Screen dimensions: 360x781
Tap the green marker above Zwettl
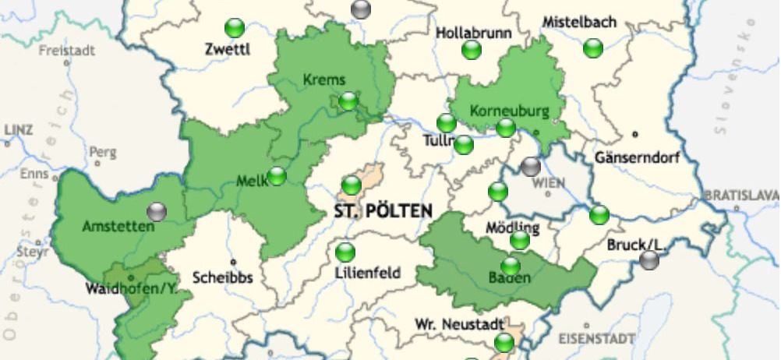point(235,29)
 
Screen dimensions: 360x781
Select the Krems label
point(323,79)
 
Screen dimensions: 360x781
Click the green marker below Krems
point(348,101)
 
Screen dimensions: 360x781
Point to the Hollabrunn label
point(473,34)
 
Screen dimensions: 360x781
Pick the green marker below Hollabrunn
point(472,51)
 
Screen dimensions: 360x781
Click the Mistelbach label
point(579,22)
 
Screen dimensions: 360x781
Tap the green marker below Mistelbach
point(593,48)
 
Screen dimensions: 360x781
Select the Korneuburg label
point(510,111)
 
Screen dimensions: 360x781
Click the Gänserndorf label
point(637,157)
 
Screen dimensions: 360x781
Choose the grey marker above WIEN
point(531,166)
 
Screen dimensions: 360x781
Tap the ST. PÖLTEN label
point(383,211)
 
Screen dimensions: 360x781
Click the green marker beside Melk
point(277,176)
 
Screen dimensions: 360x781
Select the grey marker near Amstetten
point(157,211)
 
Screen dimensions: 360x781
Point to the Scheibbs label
point(222,277)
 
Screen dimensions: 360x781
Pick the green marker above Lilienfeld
point(345,252)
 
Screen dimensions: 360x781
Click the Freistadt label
point(67,51)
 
